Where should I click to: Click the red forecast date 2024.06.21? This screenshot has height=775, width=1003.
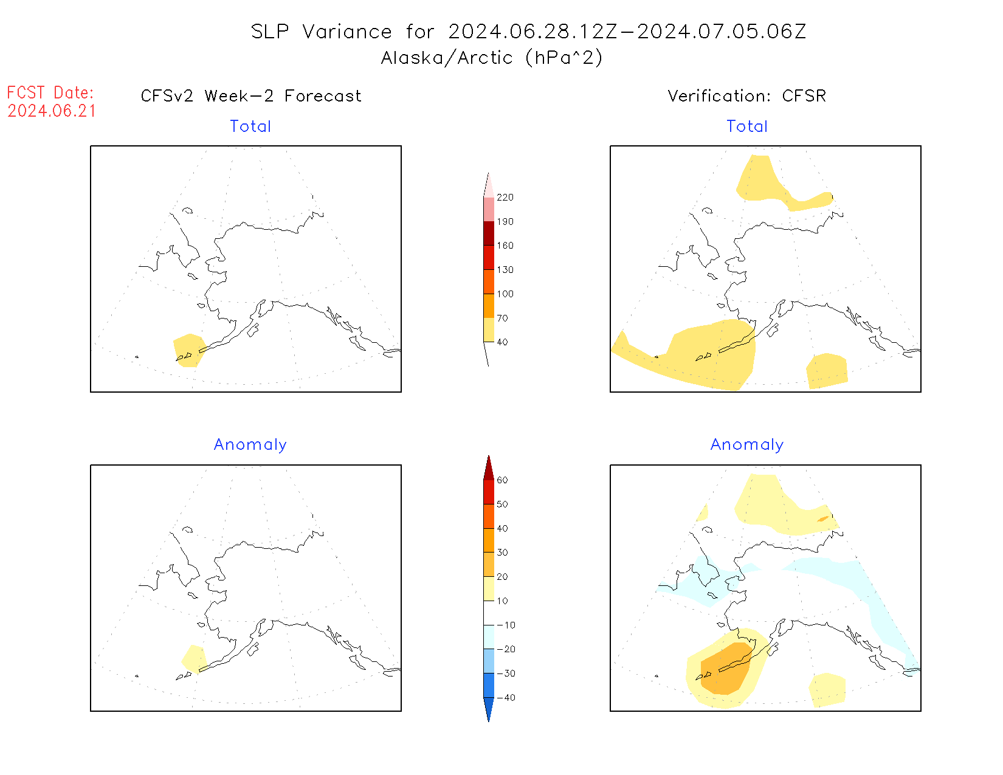pos(52,111)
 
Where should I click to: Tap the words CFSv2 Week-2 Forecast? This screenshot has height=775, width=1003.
pos(250,96)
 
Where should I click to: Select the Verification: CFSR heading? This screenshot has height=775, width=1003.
pos(746,96)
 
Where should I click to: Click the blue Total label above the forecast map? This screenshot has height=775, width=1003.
pos(250,126)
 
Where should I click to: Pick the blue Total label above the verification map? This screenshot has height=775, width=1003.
pos(747,126)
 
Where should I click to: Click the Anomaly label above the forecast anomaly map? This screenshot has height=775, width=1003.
pos(250,444)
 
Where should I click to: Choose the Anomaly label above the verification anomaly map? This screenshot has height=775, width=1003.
pos(747,444)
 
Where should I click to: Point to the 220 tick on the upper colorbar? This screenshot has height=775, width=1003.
pos(505,198)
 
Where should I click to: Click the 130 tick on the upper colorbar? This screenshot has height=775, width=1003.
pos(505,270)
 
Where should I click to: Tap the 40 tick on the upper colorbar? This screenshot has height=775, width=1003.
pos(502,342)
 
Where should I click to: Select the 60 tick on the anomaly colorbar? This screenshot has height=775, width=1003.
pos(502,480)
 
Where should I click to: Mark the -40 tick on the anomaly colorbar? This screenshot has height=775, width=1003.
pos(505,698)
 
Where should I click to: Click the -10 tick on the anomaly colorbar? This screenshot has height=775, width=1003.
pos(505,625)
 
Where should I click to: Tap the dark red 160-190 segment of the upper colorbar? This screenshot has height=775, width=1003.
pos(489,233)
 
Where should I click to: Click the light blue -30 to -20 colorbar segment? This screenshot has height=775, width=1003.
pos(489,661)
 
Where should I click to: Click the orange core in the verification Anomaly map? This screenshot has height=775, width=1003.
pos(726,669)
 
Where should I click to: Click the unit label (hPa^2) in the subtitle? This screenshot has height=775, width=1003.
pos(564,58)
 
